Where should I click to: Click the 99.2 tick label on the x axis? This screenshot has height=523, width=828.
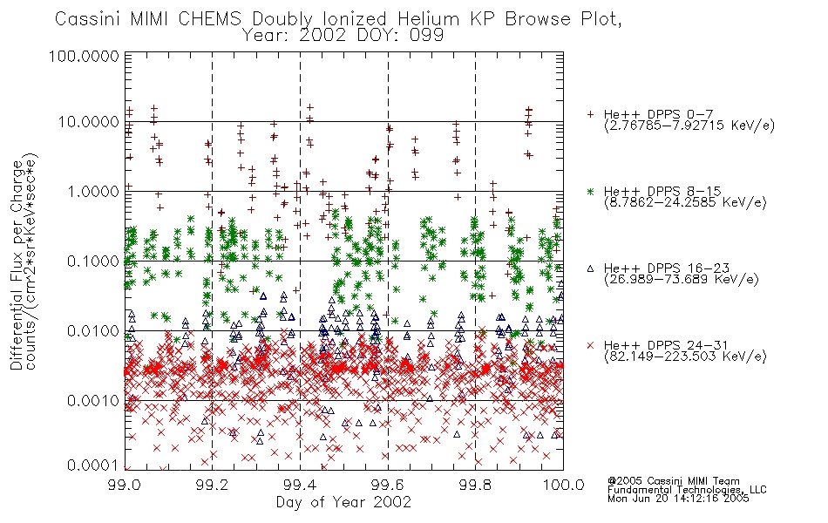(212, 485)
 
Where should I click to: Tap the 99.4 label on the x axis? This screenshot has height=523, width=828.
(300, 485)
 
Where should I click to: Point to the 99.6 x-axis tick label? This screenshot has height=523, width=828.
(388, 485)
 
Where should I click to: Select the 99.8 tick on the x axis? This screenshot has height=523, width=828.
(475, 485)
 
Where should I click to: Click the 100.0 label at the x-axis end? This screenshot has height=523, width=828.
(563, 485)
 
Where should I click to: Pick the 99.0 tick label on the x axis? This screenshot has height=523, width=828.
(124, 485)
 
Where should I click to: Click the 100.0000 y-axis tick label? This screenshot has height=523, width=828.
(84, 56)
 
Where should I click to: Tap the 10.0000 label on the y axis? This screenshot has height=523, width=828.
(88, 122)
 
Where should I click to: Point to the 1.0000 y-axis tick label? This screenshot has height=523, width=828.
(92, 191)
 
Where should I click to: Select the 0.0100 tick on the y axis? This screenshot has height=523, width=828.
(92, 331)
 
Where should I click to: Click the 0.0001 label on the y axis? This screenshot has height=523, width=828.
(92, 465)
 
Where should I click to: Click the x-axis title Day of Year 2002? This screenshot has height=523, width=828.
(343, 502)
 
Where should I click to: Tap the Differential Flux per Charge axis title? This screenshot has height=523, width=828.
(17, 264)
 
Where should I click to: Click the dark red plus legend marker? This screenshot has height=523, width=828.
(590, 114)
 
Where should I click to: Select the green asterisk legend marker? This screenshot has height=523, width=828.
(590, 191)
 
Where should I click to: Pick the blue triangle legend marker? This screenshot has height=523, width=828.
(590, 268)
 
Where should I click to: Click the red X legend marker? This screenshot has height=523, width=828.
(590, 345)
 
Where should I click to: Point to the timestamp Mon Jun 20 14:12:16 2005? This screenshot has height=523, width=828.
(678, 499)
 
